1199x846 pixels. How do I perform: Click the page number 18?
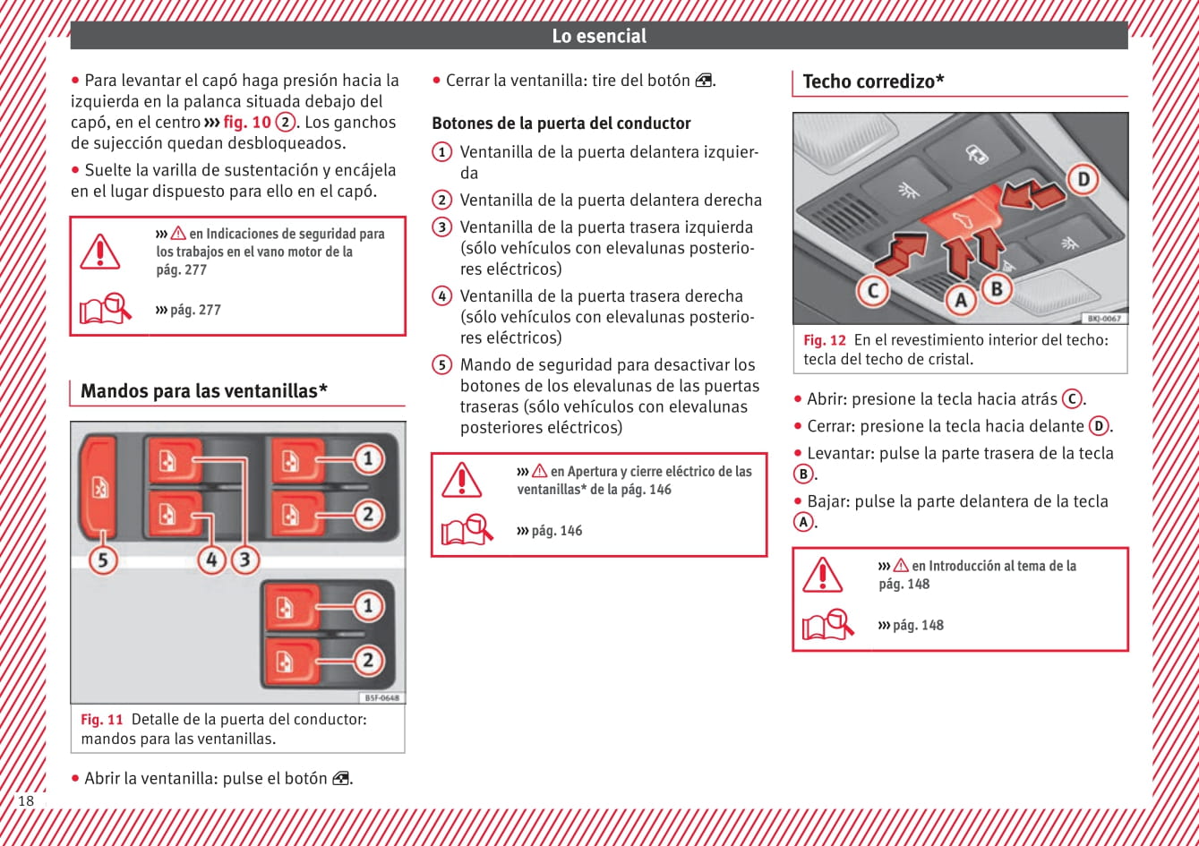click(26, 800)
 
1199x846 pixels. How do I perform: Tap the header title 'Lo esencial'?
click(599, 36)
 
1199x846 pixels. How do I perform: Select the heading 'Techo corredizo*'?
click(874, 81)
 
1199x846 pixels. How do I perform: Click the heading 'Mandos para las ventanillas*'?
click(204, 390)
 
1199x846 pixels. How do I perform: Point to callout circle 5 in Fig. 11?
click(103, 560)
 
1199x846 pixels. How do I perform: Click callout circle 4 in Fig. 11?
click(211, 560)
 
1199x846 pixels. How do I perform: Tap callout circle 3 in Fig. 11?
click(244, 560)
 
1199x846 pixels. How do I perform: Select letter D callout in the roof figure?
click(1083, 179)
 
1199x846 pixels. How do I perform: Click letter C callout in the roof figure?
click(872, 290)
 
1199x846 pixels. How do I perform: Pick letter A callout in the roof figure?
click(961, 300)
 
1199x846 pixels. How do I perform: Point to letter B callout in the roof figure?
click(996, 288)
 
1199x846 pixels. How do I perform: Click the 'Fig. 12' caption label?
click(824, 340)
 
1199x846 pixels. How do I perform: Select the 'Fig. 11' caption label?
click(102, 720)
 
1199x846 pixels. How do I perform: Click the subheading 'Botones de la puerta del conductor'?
click(561, 124)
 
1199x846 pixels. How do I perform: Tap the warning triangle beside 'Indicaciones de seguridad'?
click(100, 252)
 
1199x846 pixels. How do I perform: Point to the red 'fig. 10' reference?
click(246, 123)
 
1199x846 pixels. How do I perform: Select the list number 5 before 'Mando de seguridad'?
click(441, 364)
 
